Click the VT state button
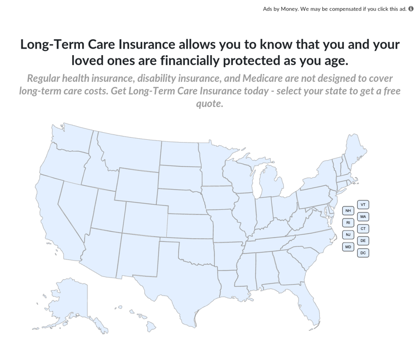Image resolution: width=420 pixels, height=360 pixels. [363, 205]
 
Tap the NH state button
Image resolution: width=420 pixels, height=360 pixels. [348, 211]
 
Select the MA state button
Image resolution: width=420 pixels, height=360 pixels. [363, 217]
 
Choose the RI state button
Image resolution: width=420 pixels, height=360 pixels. [348, 223]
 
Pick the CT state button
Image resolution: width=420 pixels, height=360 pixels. [363, 229]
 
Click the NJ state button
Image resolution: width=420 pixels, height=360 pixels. [348, 235]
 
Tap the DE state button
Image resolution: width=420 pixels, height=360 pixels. [363, 241]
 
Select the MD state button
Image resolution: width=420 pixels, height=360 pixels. [348, 247]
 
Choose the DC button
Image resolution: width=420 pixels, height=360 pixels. [363, 253]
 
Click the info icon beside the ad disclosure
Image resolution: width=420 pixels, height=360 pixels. [411, 9]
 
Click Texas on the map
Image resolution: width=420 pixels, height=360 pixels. [175, 273]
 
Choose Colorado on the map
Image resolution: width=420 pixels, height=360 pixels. [145, 219]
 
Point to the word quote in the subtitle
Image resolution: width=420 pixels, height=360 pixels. [209, 103]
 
